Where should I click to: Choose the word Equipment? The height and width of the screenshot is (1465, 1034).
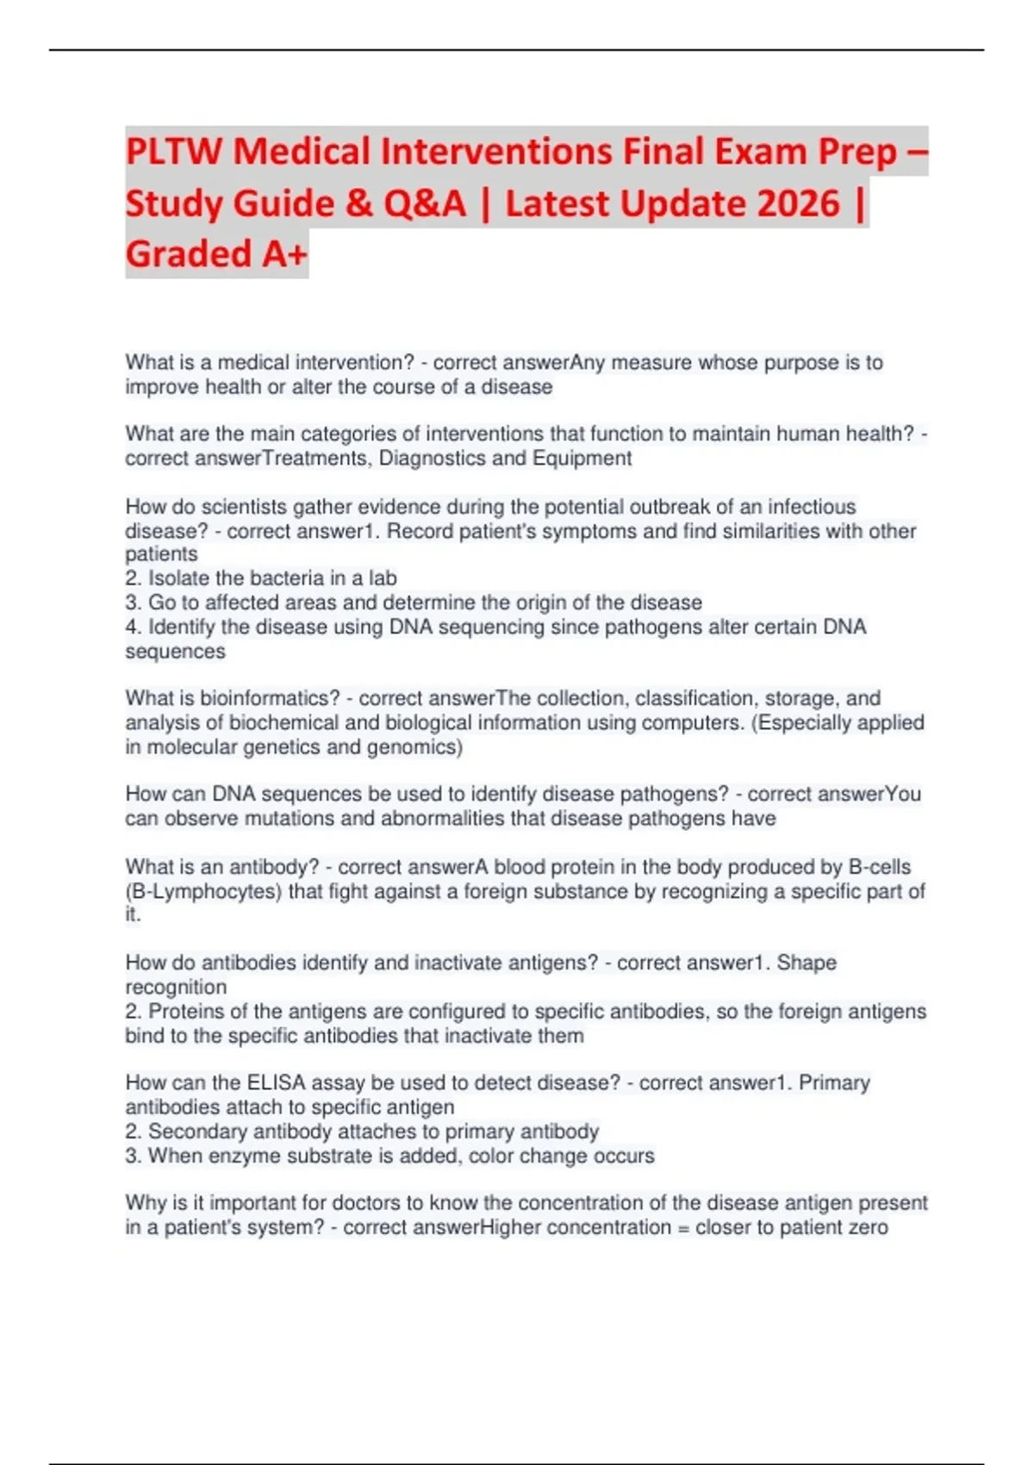pyautogui.click(x=582, y=458)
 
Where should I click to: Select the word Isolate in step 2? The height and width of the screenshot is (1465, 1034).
pyautogui.click(x=180, y=578)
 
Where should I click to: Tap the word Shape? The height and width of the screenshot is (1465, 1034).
pyautogui.click(x=807, y=963)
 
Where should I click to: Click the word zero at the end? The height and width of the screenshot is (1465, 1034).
pyautogui.click(x=866, y=1227)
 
